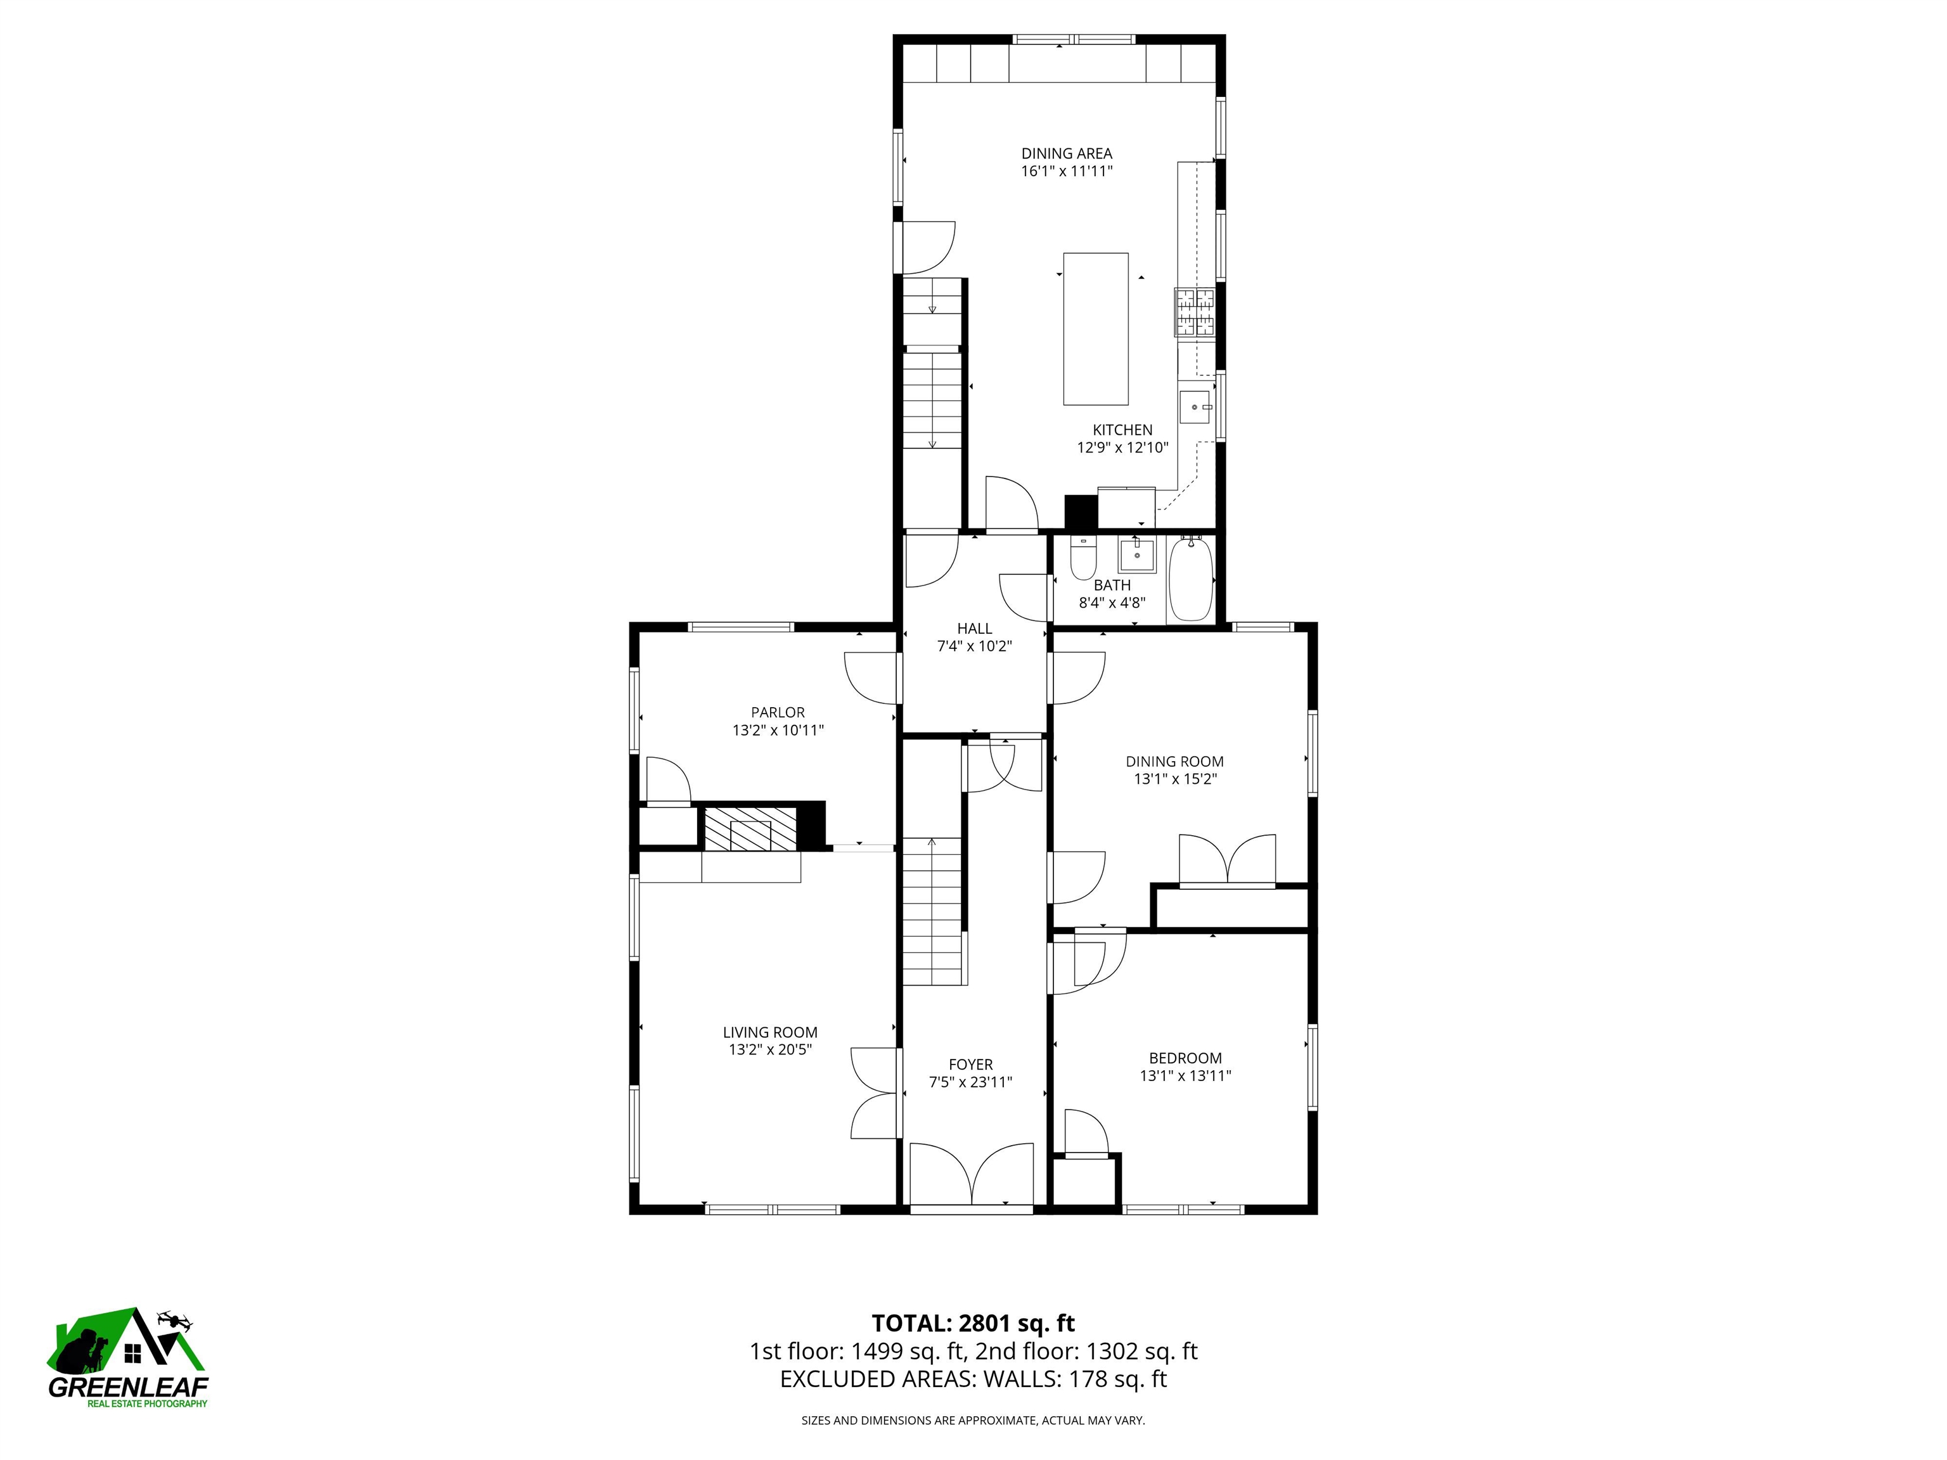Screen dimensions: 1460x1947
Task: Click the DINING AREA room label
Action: tap(1066, 153)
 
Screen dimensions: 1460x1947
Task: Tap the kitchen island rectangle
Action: tap(1095, 328)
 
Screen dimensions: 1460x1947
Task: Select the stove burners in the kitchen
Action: tap(1193, 312)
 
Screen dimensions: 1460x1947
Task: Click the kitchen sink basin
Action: tap(1195, 407)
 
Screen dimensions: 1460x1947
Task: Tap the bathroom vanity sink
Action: tap(1136, 555)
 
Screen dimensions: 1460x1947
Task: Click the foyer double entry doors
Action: tap(971, 1174)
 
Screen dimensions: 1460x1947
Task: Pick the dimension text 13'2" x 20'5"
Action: tap(769, 1049)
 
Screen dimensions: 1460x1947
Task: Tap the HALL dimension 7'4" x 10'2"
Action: tap(973, 646)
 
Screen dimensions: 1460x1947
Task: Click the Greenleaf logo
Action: tap(127, 1360)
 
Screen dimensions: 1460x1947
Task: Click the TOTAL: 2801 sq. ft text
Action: tap(973, 1322)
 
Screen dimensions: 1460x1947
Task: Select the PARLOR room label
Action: tap(777, 712)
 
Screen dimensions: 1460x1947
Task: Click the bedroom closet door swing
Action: tap(1084, 1132)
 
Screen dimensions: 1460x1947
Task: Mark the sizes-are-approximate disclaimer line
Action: tap(973, 1419)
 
